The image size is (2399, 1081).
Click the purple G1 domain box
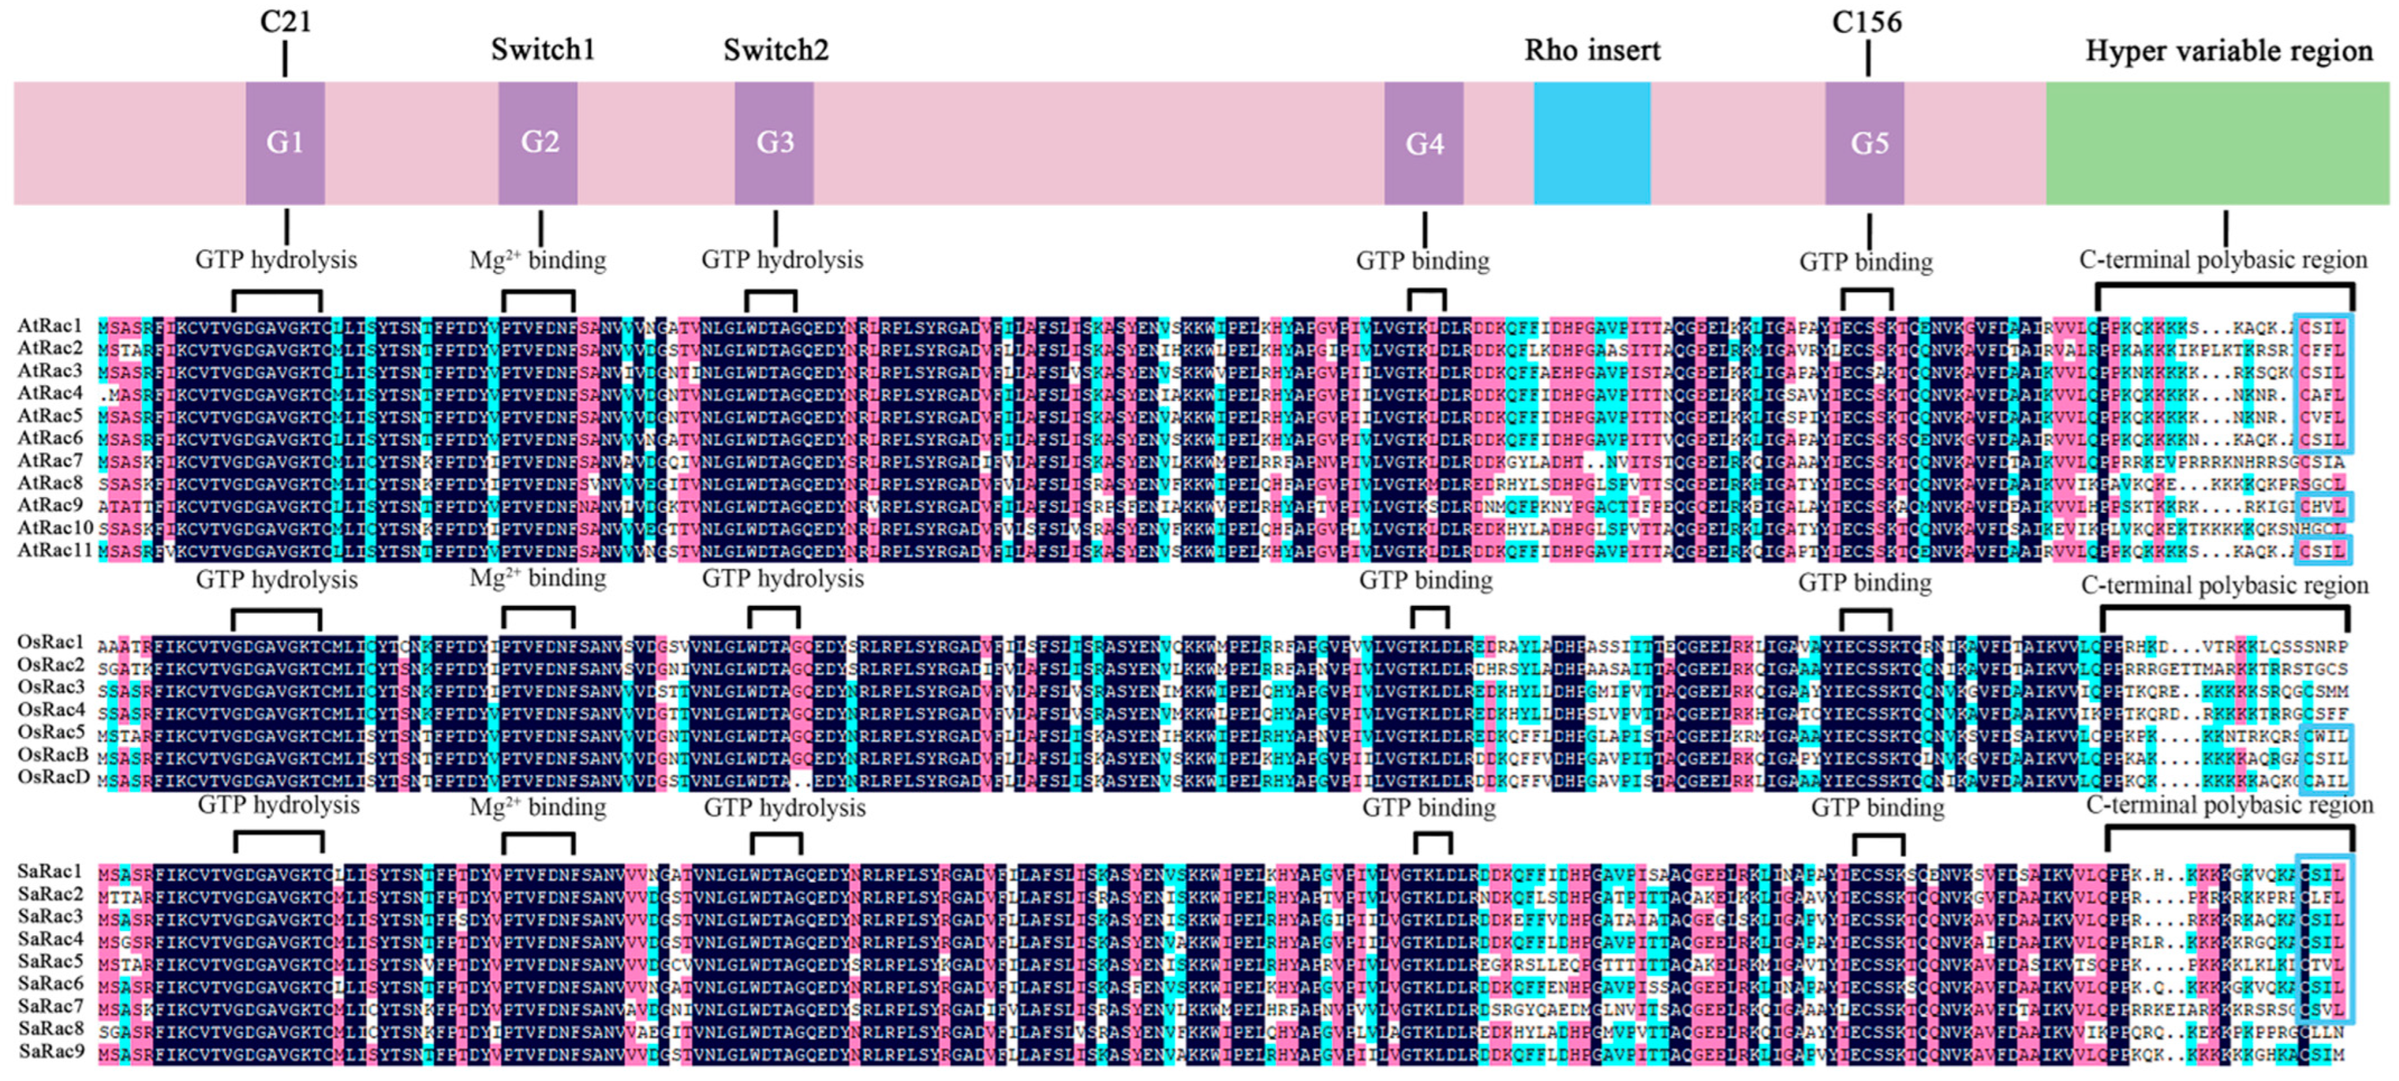click(x=285, y=142)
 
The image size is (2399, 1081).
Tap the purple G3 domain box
click(x=774, y=142)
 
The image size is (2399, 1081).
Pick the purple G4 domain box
click(x=1423, y=142)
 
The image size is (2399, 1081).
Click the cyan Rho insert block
click(x=1591, y=142)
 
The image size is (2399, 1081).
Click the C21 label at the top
click(x=285, y=21)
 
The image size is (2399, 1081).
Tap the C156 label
click(x=1866, y=21)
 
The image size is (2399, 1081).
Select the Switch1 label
click(x=542, y=49)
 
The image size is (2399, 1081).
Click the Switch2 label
click(x=776, y=49)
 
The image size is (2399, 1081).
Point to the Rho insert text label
click(x=1591, y=49)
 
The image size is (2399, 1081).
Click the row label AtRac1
click(x=50, y=326)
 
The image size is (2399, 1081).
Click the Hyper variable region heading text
click(x=2228, y=50)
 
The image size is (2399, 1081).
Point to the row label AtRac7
click(x=50, y=461)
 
